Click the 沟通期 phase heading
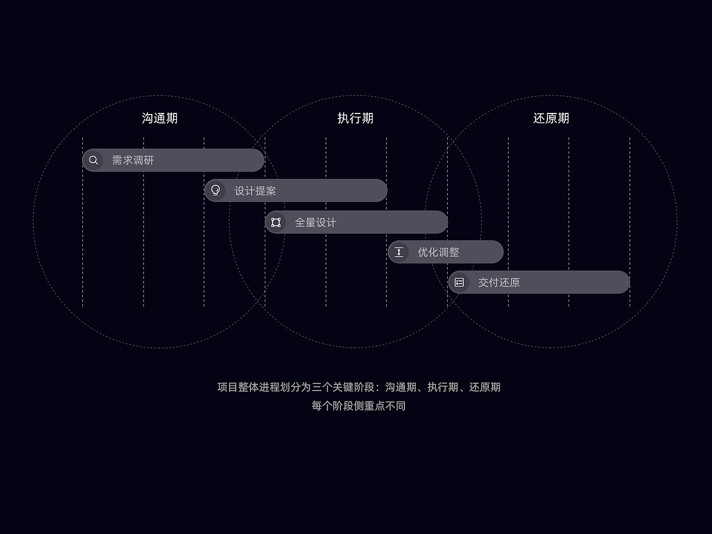tap(160, 118)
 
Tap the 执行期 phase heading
tap(355, 118)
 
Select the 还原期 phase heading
tap(551, 118)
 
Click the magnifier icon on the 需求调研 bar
tap(93, 160)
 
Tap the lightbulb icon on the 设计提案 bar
tap(216, 191)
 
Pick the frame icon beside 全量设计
tap(276, 222)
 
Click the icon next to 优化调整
tap(399, 252)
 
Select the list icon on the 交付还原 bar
tap(459, 283)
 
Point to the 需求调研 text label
tap(133, 160)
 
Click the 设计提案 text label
tap(255, 191)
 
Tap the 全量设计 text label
tap(315, 222)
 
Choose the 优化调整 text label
tap(438, 252)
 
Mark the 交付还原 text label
tap(499, 283)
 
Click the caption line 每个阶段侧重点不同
tap(359, 406)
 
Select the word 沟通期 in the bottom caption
tap(400, 387)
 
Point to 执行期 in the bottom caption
tap(443, 387)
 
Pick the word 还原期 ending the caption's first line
tap(484, 387)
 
